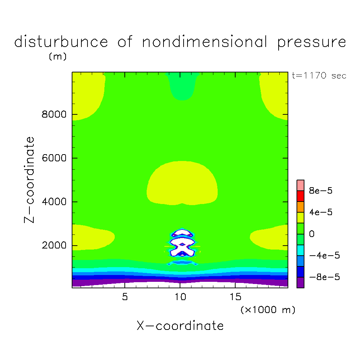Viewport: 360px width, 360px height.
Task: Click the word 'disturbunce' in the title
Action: pyautogui.click(x=61, y=42)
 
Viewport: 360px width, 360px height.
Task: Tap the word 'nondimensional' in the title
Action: pyautogui.click(x=205, y=42)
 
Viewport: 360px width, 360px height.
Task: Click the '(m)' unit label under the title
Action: pyautogui.click(x=57, y=57)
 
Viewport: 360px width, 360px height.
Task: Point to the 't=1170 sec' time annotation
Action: pyautogui.click(x=319, y=76)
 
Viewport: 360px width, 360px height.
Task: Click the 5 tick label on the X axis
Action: pyautogui.click(x=124, y=297)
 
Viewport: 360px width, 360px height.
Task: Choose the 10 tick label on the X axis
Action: pyautogui.click(x=180, y=297)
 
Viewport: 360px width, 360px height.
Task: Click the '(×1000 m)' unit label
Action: pyautogui.click(x=268, y=310)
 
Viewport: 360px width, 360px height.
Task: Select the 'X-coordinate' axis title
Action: pyautogui.click(x=180, y=326)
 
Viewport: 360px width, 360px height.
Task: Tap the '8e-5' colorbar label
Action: pyautogui.click(x=321, y=191)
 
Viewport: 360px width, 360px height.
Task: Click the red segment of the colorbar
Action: pyautogui.click(x=300, y=196)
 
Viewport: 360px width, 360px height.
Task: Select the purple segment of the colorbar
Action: pyautogui.click(x=300, y=283)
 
